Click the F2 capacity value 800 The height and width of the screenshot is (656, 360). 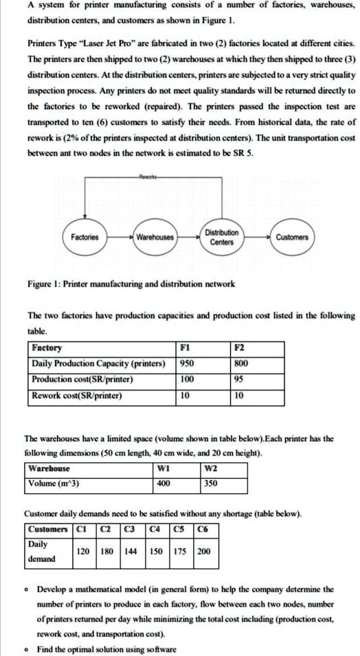click(x=243, y=363)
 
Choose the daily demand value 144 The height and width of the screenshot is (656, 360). click(x=131, y=552)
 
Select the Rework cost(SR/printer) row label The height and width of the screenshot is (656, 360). click(x=77, y=395)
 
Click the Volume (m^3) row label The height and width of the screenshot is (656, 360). click(x=54, y=482)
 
